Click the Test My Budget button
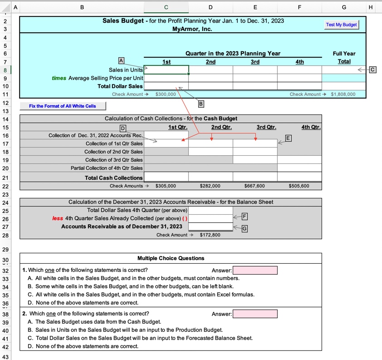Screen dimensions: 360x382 click(342, 25)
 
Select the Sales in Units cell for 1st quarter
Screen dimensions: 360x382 click(166, 70)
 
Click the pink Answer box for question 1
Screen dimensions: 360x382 click(255, 271)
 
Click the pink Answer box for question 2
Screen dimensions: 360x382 click(255, 314)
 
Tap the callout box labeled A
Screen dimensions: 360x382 click(121, 60)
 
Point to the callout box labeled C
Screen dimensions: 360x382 click(372, 69)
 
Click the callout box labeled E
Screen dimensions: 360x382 click(289, 138)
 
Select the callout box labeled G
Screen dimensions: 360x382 click(245, 229)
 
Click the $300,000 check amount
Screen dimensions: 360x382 click(166, 94)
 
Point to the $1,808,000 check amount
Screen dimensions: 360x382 click(343, 94)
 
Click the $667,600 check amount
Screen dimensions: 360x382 click(255, 186)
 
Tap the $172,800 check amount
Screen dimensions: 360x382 click(210, 235)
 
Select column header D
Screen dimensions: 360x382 click(211, 7)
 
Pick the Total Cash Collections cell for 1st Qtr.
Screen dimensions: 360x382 click(166, 178)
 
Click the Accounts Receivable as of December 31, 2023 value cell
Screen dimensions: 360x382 click(211, 227)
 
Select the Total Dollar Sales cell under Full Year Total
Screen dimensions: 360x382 click(343, 86)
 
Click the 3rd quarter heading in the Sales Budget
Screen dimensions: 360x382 click(255, 62)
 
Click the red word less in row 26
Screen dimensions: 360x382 click(58, 218)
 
